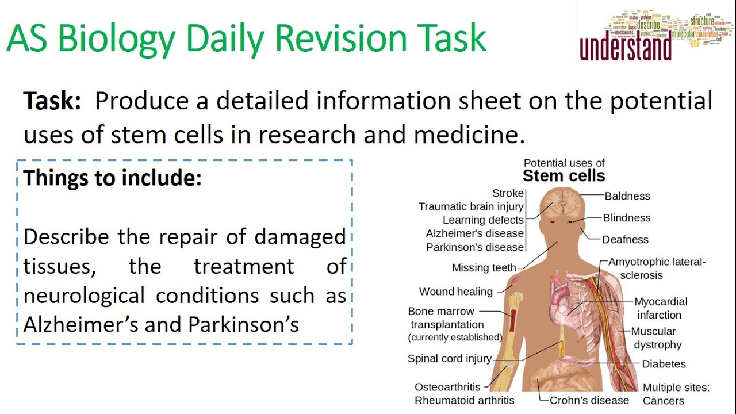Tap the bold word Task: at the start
(52, 101)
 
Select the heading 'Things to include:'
(113, 178)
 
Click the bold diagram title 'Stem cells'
(563, 175)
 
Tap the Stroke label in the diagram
(508, 193)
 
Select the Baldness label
(627, 196)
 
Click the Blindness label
(627, 218)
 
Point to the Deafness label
(625, 240)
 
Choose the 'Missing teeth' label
(484, 267)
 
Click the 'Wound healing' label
(456, 292)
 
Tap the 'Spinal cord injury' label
(450, 359)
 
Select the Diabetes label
(664, 364)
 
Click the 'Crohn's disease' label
(589, 400)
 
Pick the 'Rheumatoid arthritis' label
(465, 400)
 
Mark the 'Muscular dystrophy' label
(657, 338)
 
